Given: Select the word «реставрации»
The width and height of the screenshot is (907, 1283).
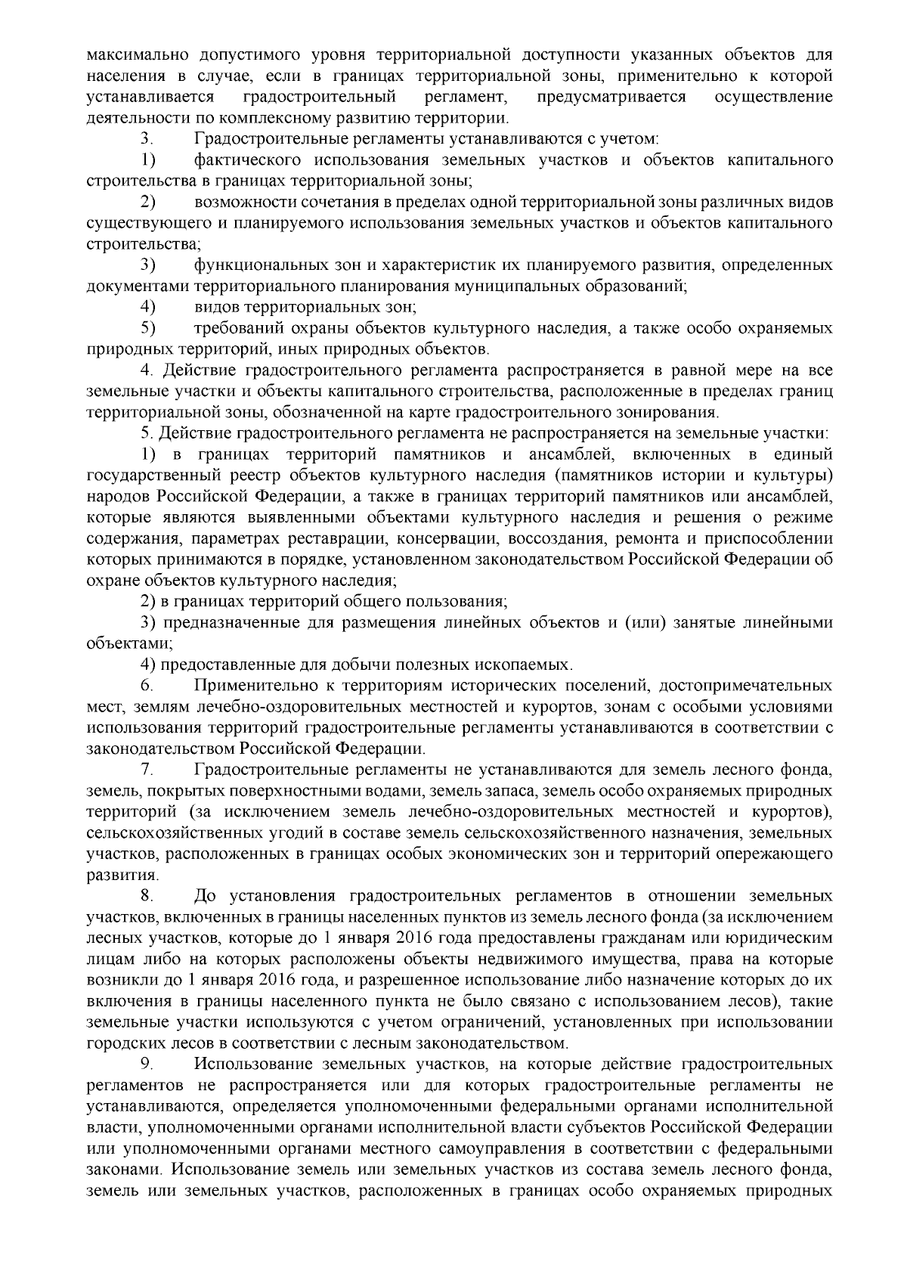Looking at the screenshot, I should tap(357, 539).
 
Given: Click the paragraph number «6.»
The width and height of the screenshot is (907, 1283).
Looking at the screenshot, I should tap(147, 686).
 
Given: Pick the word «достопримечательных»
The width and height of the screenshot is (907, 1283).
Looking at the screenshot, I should tap(745, 686).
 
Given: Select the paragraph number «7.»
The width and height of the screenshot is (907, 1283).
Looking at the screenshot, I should tap(147, 770).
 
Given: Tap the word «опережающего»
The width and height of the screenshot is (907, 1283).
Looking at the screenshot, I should tap(784, 854).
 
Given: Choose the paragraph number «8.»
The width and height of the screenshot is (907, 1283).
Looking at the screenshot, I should tap(147, 897).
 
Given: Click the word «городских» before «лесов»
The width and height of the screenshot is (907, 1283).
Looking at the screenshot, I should tap(120, 1043).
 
